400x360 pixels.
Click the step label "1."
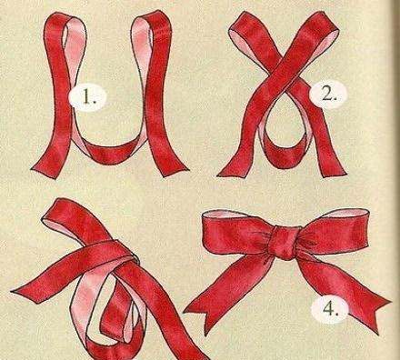(88, 96)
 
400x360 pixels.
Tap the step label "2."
(327, 95)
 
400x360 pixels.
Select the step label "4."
(330, 309)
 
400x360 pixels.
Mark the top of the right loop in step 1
(152, 16)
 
